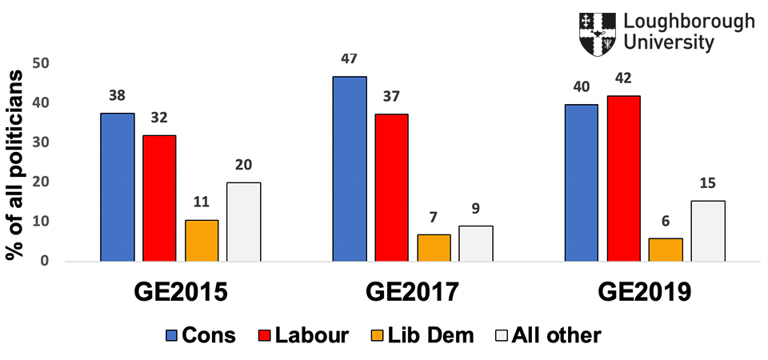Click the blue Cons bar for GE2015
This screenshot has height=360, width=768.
(x=118, y=187)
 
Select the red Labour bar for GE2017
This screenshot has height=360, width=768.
(x=391, y=187)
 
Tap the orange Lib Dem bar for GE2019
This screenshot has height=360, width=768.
(x=666, y=250)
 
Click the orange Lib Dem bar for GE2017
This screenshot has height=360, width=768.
(x=434, y=247)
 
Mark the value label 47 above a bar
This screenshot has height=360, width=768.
(x=350, y=59)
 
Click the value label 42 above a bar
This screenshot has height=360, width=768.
(x=623, y=78)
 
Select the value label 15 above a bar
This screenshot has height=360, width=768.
(x=708, y=183)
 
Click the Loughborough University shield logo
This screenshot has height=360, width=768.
(x=597, y=34)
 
